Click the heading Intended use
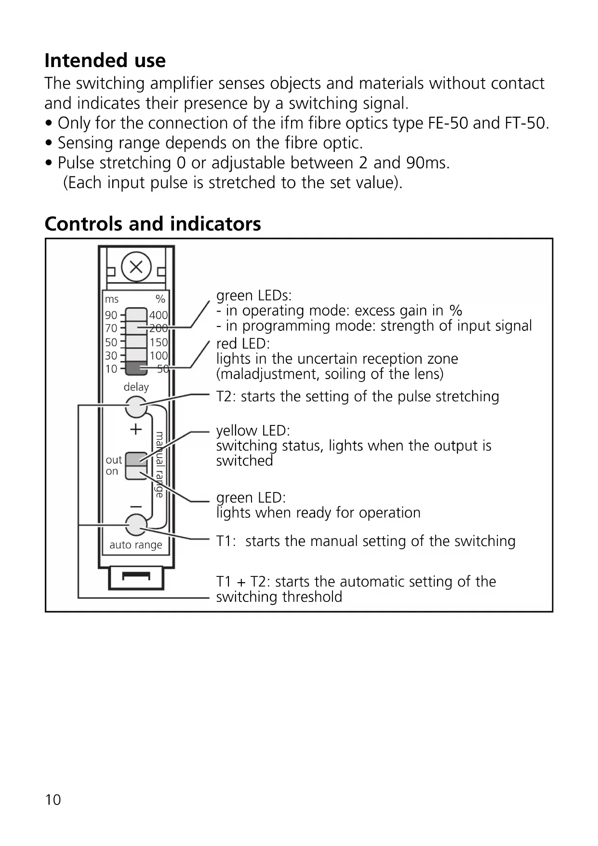(105, 61)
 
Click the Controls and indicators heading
(153, 224)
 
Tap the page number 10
(53, 800)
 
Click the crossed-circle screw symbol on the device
(136, 267)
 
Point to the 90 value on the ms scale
(111, 315)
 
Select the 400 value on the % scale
(158, 315)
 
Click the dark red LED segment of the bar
(136, 368)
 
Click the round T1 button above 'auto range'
(136, 524)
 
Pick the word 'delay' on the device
(136, 387)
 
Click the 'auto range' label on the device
(136, 545)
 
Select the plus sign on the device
(136, 429)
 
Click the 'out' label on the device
(114, 460)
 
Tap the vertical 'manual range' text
(159, 464)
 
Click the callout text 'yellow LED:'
(253, 430)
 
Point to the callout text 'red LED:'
(243, 343)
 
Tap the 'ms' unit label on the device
(112, 300)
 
